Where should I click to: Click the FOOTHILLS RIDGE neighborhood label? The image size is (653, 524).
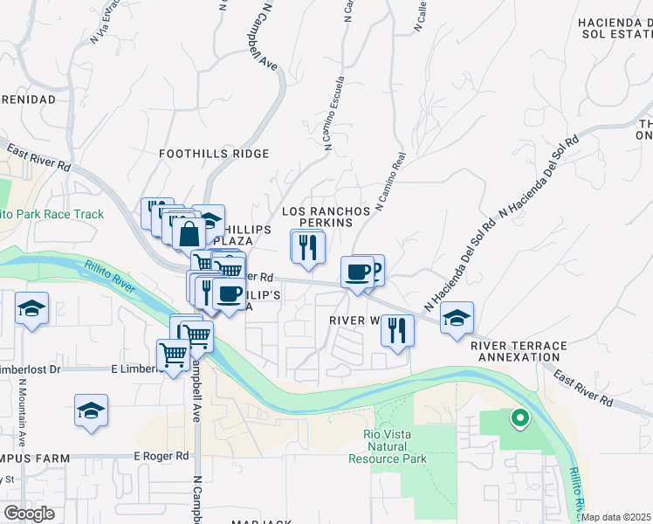click(x=214, y=154)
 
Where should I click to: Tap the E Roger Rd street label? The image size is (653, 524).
click(x=162, y=456)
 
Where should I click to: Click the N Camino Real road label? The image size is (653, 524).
click(x=391, y=183)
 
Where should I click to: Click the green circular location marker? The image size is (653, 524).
click(x=520, y=419)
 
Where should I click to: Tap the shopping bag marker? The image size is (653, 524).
click(x=189, y=234)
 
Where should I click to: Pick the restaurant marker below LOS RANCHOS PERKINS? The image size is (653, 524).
click(x=307, y=246)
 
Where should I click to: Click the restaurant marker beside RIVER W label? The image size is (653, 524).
click(x=396, y=330)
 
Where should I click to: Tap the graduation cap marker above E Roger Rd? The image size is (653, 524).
click(x=91, y=410)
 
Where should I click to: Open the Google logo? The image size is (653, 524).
click(x=29, y=513)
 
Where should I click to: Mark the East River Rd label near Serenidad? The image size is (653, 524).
click(x=39, y=158)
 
